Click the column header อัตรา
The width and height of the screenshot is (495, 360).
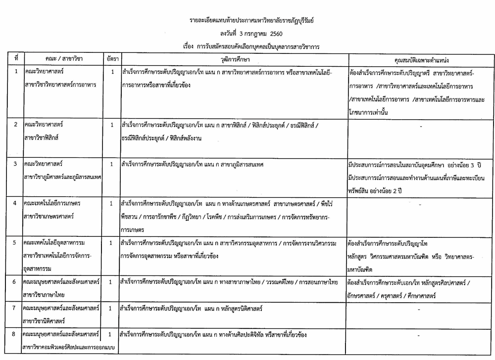(110, 59)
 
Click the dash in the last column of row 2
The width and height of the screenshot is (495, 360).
(420, 128)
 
